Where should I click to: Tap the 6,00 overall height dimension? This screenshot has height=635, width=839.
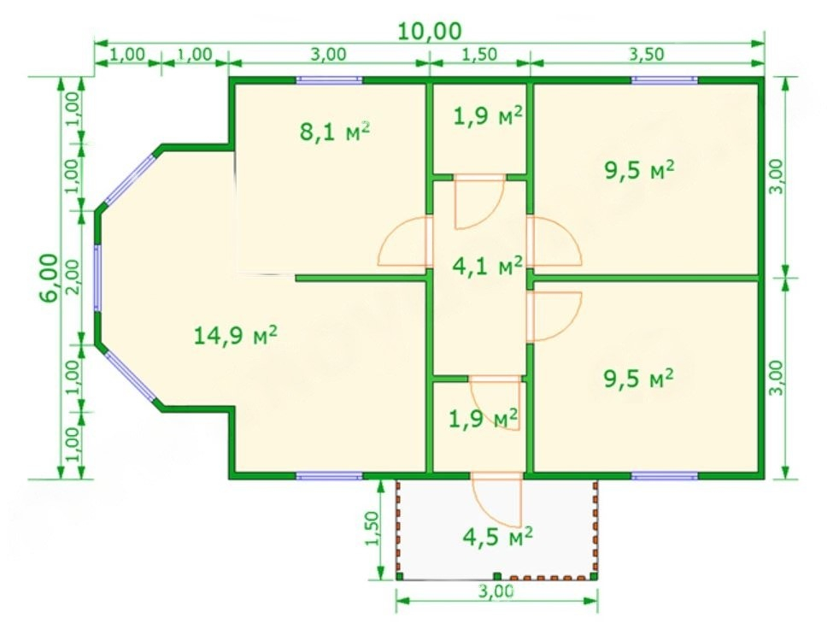click(49, 278)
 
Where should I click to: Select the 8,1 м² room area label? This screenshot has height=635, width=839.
click(335, 131)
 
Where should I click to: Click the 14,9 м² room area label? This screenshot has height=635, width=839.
click(235, 335)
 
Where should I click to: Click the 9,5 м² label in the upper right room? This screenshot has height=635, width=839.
click(639, 170)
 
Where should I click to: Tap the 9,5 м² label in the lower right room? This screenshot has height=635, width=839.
click(638, 379)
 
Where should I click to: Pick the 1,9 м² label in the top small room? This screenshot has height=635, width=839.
click(488, 115)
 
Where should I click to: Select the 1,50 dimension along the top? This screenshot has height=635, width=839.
click(479, 54)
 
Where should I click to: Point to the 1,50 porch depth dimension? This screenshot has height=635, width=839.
click(372, 528)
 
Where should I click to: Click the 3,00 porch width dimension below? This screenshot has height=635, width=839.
click(496, 591)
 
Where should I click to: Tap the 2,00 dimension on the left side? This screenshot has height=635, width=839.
click(73, 277)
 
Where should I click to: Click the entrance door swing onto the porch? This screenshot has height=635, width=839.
click(496, 498)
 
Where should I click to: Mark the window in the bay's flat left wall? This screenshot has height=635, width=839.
click(97, 278)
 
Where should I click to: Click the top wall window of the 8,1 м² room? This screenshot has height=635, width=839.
click(329, 80)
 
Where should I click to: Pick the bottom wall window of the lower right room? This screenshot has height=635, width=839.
click(665, 475)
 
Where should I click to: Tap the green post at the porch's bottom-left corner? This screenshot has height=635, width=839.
click(400, 576)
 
